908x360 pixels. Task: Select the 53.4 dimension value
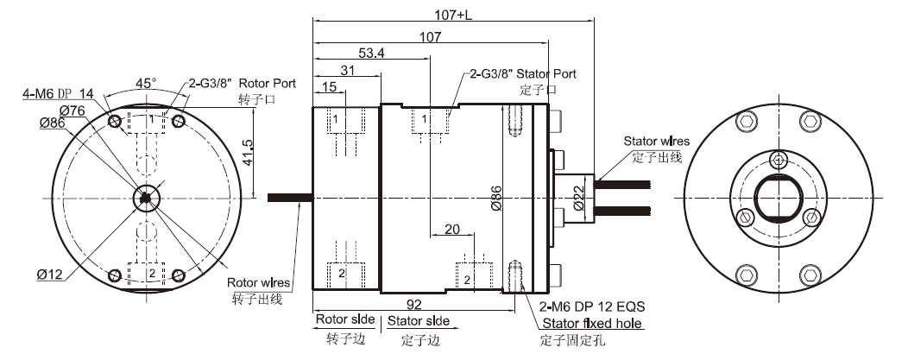click(371, 54)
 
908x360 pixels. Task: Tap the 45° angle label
click(146, 83)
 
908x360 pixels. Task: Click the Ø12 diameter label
click(49, 275)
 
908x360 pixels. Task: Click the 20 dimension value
click(451, 229)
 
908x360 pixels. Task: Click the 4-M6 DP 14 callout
click(57, 93)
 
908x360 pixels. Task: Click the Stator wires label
click(656, 142)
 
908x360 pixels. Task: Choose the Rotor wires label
click(258, 282)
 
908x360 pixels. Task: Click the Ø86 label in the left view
click(53, 123)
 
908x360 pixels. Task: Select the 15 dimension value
click(329, 87)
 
